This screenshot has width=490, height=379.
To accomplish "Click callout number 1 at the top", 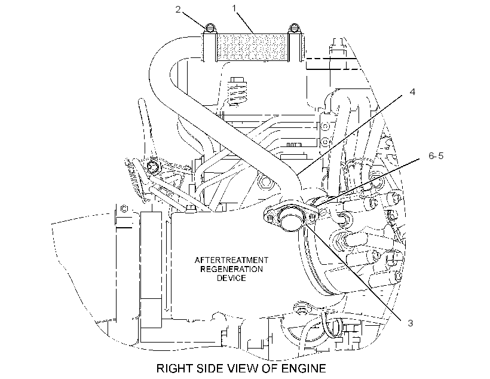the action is (234, 8).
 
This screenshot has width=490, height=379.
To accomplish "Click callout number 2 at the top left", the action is (178, 10).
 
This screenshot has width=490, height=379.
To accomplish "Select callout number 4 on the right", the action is (412, 92).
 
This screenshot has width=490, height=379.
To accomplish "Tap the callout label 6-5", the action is (436, 156).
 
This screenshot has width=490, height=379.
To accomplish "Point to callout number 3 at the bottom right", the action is (411, 323).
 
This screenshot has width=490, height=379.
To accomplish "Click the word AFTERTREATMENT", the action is (231, 260).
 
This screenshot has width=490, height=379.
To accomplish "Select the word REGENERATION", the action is (231, 269).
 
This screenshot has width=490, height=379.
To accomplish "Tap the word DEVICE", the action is (231, 278).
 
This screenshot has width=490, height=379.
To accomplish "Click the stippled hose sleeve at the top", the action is (252, 47).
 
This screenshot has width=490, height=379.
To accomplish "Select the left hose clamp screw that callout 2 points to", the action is (210, 28).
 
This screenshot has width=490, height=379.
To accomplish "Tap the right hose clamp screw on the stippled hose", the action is (294, 28).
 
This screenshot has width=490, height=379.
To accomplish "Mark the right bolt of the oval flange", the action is (311, 218).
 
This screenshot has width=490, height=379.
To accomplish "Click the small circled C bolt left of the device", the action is (124, 209).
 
